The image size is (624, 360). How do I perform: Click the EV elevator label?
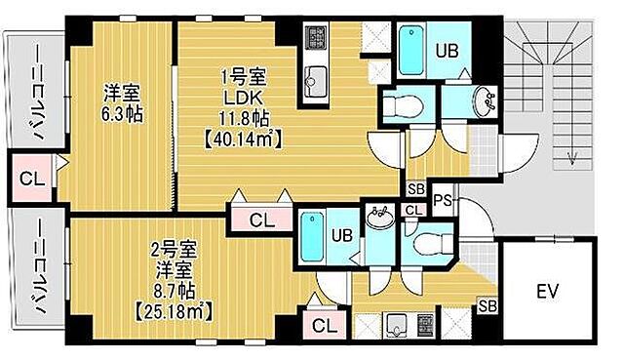[548, 290]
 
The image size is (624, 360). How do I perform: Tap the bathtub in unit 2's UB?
[313, 239]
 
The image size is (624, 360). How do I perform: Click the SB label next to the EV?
[485, 309]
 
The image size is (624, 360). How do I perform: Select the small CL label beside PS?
[413, 210]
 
